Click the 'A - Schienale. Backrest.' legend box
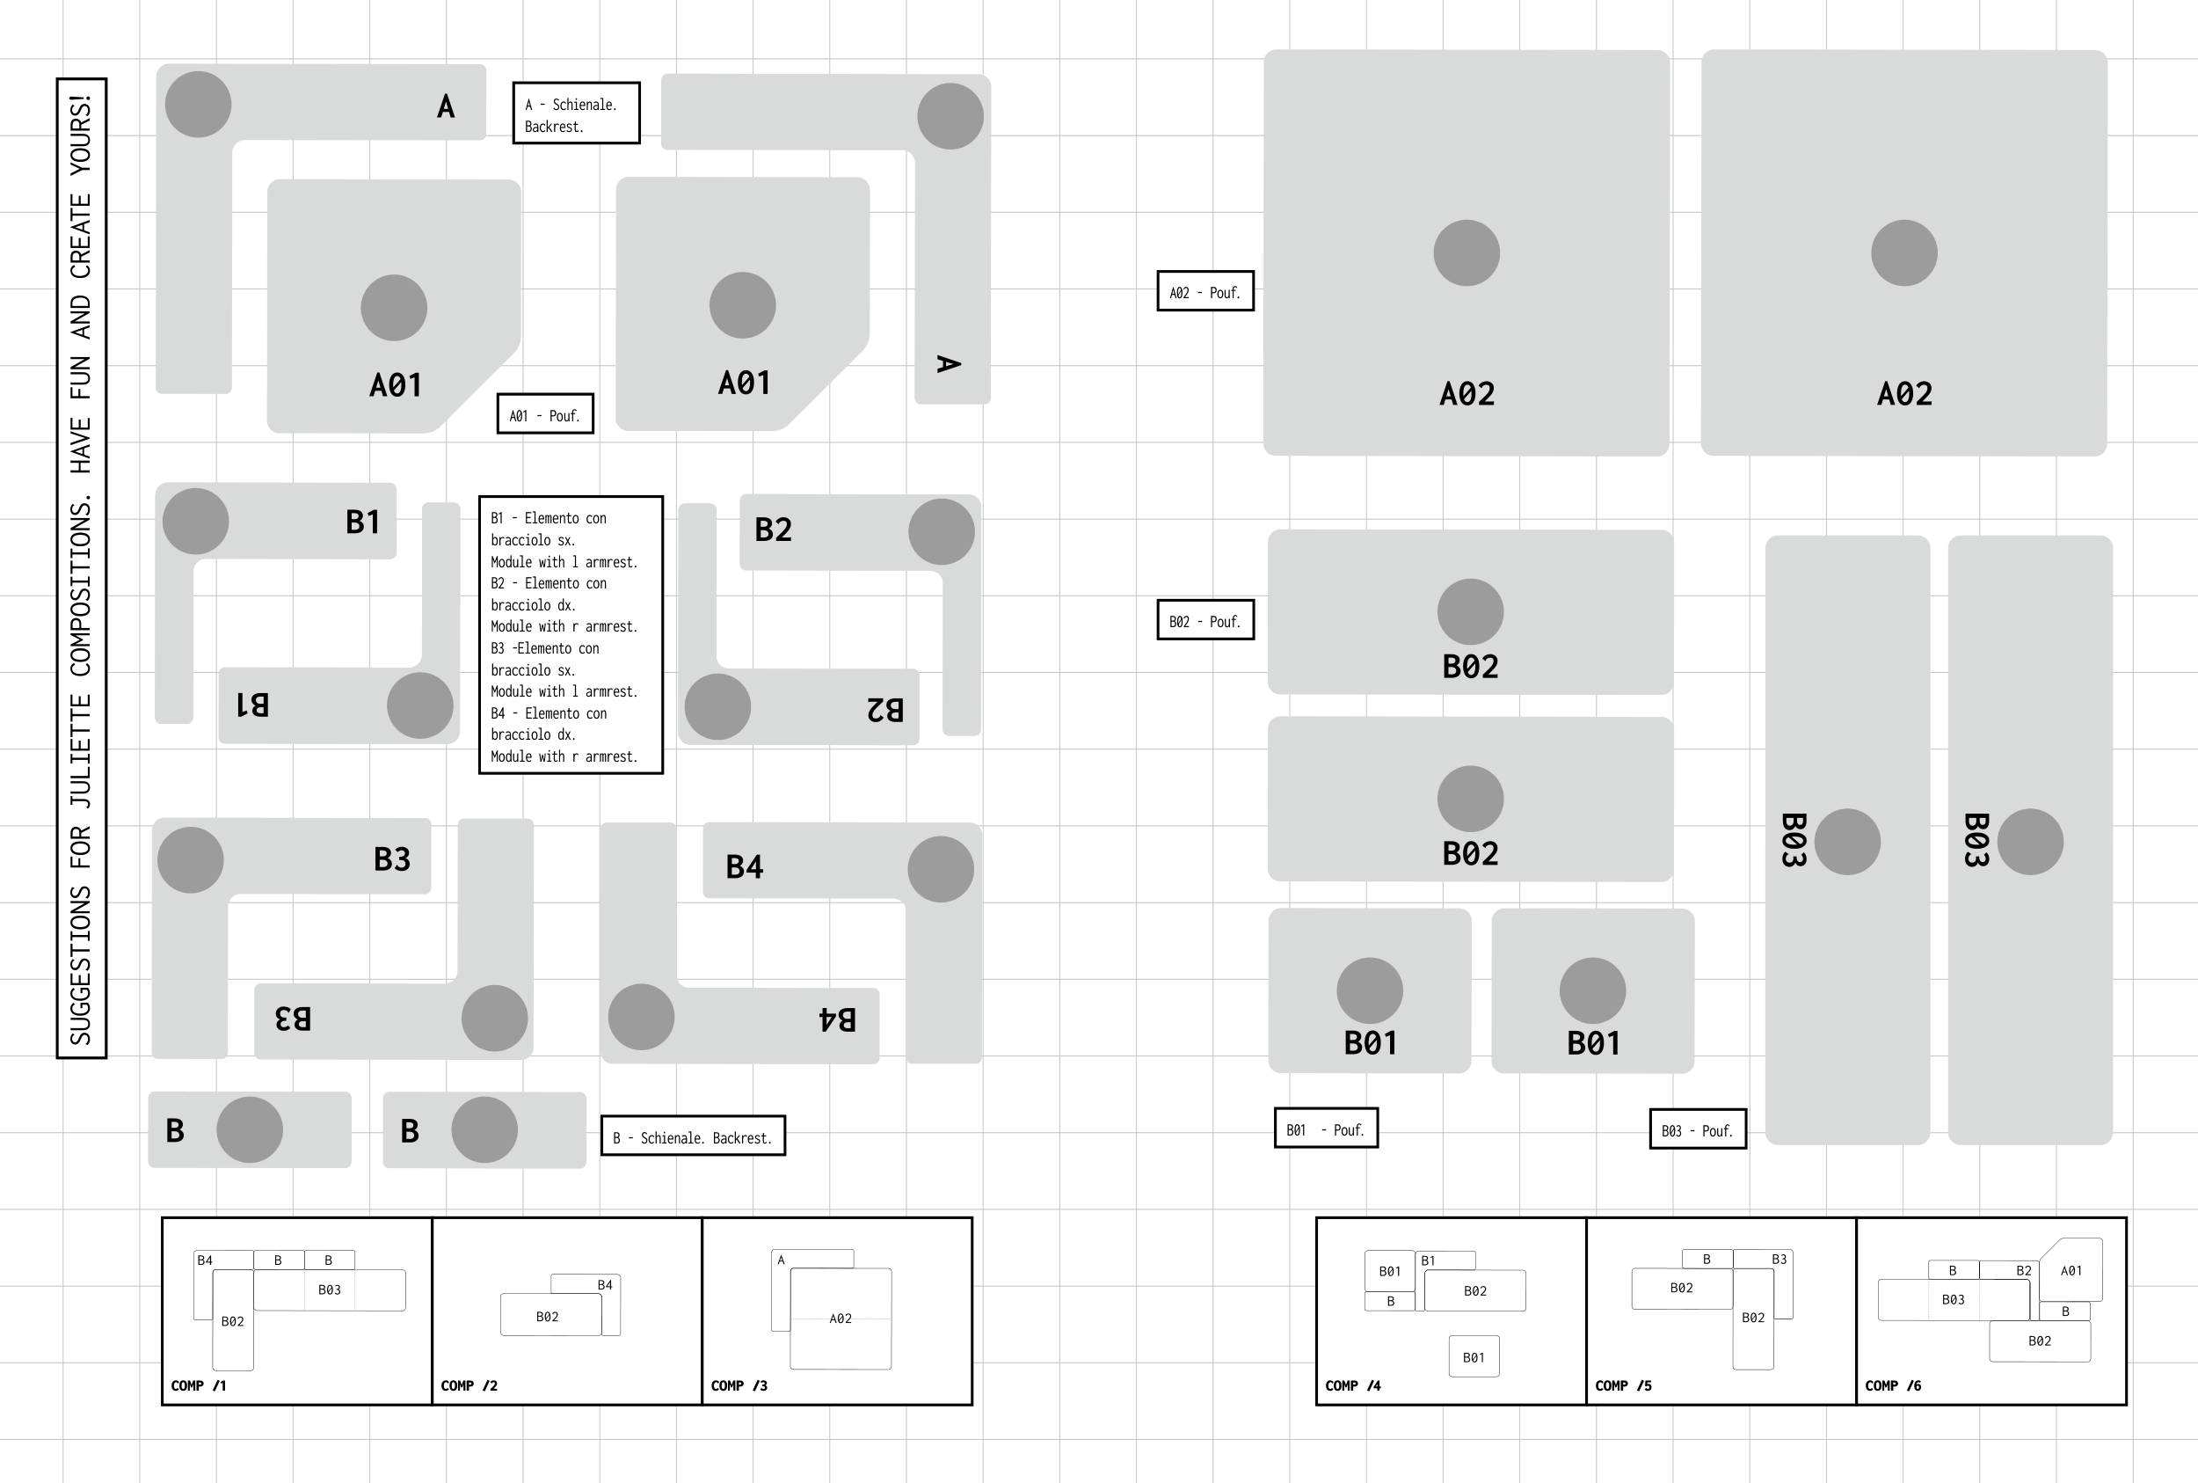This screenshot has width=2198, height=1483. click(576, 113)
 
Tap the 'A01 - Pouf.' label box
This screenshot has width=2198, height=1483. click(544, 414)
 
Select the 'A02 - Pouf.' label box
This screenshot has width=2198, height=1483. click(1205, 291)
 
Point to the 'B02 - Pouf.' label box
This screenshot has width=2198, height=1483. click(1205, 620)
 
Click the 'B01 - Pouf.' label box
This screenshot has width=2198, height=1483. click(1326, 1129)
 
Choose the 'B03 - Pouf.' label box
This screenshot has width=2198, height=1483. click(1697, 1129)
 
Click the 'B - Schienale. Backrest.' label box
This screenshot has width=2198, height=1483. click(693, 1136)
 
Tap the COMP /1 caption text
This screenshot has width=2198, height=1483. click(199, 1385)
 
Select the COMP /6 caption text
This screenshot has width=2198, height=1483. click(1893, 1385)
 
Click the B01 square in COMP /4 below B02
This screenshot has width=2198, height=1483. click(1473, 1357)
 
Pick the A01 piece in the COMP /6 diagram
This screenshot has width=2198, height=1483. click(2071, 1270)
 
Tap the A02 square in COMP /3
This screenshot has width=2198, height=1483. click(841, 1319)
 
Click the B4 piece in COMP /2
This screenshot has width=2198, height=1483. click(605, 1284)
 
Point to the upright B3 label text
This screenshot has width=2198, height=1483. click(391, 858)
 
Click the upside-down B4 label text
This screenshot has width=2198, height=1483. click(837, 1019)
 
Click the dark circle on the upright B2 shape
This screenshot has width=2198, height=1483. click(941, 531)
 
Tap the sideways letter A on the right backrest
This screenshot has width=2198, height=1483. click(948, 364)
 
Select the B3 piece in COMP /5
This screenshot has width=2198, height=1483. click(1780, 1260)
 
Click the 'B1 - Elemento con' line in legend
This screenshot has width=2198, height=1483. click(549, 518)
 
